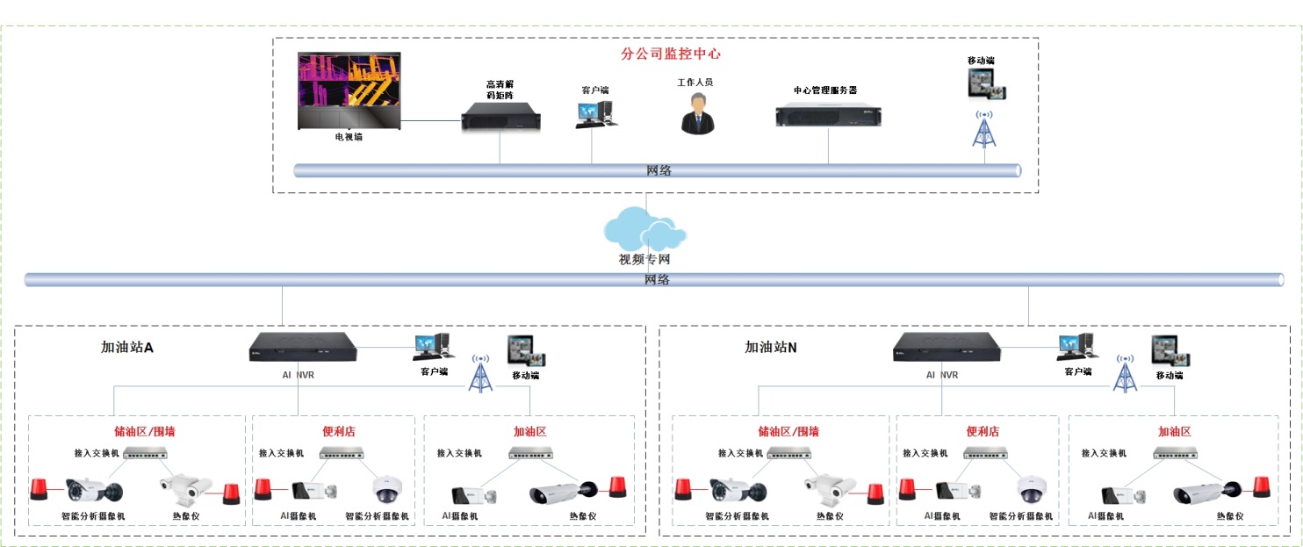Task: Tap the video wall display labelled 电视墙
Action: click(349, 90)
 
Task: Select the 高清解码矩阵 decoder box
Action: click(500, 118)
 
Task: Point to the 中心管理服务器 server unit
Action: click(828, 115)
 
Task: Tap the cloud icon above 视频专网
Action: click(644, 229)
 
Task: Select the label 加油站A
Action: click(127, 348)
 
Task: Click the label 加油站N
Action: click(771, 348)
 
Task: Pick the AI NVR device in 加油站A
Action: click(303, 348)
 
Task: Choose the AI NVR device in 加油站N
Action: click(947, 348)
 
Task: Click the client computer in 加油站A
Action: click(431, 347)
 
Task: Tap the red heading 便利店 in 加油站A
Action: click(339, 432)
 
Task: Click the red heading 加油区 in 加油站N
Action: click(1174, 432)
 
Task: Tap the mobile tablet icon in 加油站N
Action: click(1169, 351)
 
